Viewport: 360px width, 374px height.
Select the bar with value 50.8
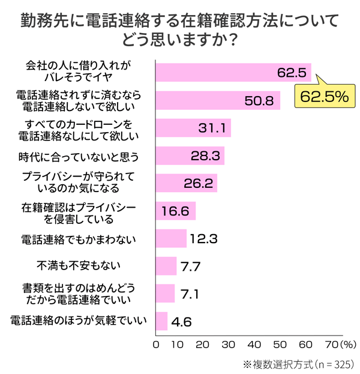pyautogui.click(x=218, y=100)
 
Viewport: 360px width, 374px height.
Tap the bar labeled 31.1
pyautogui.click(x=193, y=128)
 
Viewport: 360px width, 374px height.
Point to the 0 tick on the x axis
pyautogui.click(x=157, y=346)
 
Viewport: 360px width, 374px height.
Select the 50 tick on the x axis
pyautogui.click(x=279, y=346)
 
